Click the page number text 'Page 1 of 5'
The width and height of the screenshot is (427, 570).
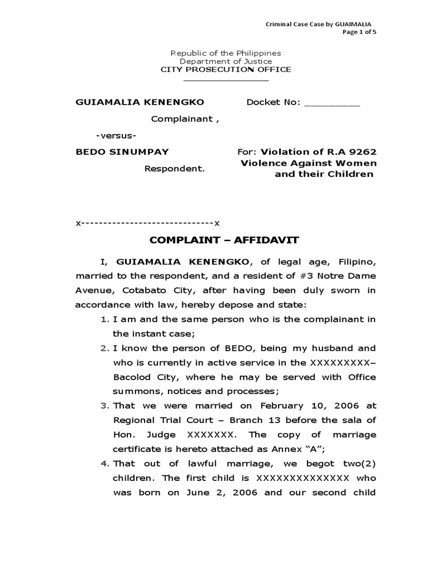[359, 32]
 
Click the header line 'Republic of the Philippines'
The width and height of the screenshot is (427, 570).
[225, 53]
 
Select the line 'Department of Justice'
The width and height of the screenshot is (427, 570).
[225, 61]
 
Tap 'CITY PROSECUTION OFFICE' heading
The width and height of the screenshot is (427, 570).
[226, 70]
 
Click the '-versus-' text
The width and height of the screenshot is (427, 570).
[116, 135]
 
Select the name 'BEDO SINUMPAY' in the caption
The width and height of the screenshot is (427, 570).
[122, 151]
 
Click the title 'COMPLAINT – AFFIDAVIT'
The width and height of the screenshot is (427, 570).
[225, 240]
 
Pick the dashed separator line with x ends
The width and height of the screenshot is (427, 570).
[148, 223]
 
